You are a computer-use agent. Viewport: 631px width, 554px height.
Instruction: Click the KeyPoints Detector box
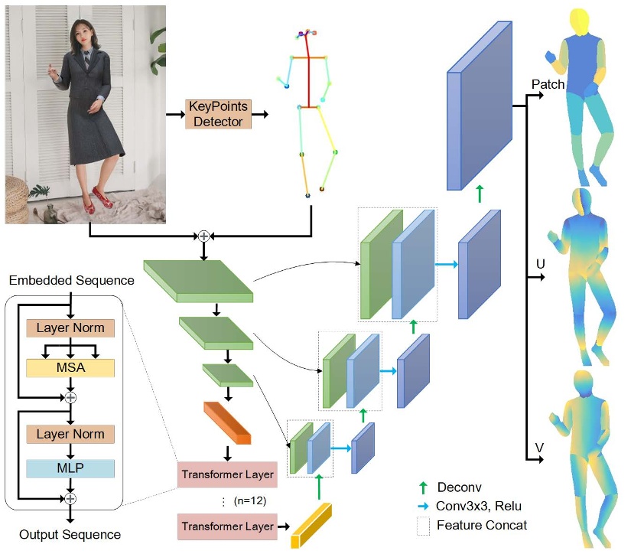[x=218, y=114]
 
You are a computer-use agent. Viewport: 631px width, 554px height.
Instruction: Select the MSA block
[x=70, y=368]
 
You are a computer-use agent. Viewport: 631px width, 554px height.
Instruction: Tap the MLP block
[x=70, y=468]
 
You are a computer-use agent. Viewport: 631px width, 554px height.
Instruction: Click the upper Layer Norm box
[x=70, y=328]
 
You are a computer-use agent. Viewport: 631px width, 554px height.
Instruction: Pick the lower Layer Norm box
[x=70, y=434]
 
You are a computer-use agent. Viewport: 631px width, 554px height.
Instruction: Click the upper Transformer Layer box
[x=227, y=474]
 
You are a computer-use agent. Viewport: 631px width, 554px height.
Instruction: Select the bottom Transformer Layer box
[x=227, y=526]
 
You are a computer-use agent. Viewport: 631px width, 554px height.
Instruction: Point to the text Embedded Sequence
[x=73, y=281]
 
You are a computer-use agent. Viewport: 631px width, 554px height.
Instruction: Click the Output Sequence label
[x=70, y=534]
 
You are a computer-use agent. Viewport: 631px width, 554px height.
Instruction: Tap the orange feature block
[x=227, y=422]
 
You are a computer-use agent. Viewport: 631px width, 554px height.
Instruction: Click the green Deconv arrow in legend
[x=423, y=487]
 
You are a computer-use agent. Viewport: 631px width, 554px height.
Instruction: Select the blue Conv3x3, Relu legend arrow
[x=423, y=506]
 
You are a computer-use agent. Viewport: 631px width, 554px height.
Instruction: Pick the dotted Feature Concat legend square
[x=423, y=525]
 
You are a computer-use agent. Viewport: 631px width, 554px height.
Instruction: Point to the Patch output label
[x=548, y=85]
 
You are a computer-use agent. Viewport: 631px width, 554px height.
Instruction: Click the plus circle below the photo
[x=203, y=236]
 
